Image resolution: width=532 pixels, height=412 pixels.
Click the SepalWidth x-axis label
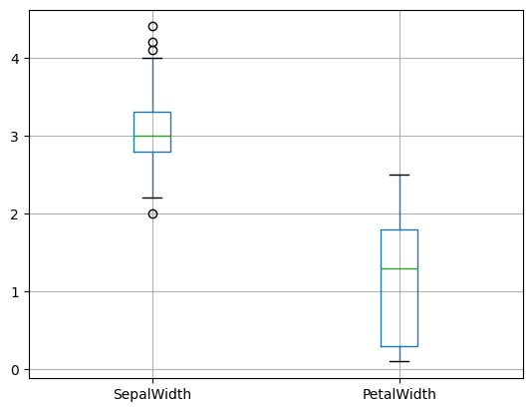coord(152,394)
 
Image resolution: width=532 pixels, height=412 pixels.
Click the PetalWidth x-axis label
coord(399,394)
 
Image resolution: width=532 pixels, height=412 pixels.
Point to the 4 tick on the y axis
coord(19,59)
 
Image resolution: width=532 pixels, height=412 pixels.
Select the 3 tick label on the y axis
coord(19,137)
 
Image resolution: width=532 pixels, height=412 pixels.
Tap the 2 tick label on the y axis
coord(19,214)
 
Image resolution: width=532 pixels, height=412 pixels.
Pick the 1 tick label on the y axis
coord(19,292)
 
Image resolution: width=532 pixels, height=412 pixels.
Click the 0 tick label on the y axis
coord(19,370)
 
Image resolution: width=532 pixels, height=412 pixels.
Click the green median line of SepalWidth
coord(152,136)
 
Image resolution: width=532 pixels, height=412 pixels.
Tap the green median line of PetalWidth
coord(399,268)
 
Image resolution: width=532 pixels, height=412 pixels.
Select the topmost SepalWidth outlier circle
coord(152,27)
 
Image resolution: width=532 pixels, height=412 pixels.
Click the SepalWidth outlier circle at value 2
coord(152,213)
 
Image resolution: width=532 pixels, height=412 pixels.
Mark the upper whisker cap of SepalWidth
coord(152,58)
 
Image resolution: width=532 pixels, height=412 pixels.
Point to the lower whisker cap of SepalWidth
coord(152,198)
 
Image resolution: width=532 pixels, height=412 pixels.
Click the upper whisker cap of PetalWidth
coord(399,175)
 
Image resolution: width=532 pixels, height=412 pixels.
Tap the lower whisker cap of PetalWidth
coord(399,361)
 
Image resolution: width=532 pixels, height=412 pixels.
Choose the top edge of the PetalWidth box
coord(399,229)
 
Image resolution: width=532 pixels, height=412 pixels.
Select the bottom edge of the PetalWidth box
coord(399,346)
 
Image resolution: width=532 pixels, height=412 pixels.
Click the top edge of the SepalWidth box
coord(152,112)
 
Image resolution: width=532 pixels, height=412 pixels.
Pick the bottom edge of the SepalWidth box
coord(152,152)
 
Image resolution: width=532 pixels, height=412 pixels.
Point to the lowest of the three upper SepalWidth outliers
coord(152,50)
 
